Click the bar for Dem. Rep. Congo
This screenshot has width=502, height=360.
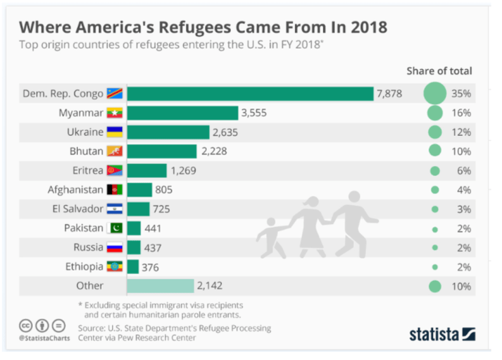pyautogui.click(x=250, y=94)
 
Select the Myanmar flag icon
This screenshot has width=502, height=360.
pyautogui.click(x=114, y=113)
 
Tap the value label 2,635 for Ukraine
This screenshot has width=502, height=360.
pyautogui.click(x=227, y=132)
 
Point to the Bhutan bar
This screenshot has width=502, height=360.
pyautogui.click(x=161, y=151)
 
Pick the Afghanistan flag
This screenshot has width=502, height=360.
pyautogui.click(x=114, y=190)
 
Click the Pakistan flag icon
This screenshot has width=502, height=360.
pyautogui.click(x=114, y=228)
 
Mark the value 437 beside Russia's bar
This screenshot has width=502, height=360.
pyautogui.click(x=152, y=247)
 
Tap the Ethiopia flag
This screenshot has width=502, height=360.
pyautogui.click(x=114, y=266)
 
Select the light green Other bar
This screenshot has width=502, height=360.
pyautogui.click(x=161, y=286)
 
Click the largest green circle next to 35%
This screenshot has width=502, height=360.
pyautogui.click(x=434, y=94)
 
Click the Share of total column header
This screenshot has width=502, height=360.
pyautogui.click(x=438, y=70)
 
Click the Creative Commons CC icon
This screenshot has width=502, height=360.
pyautogui.click(x=25, y=326)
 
